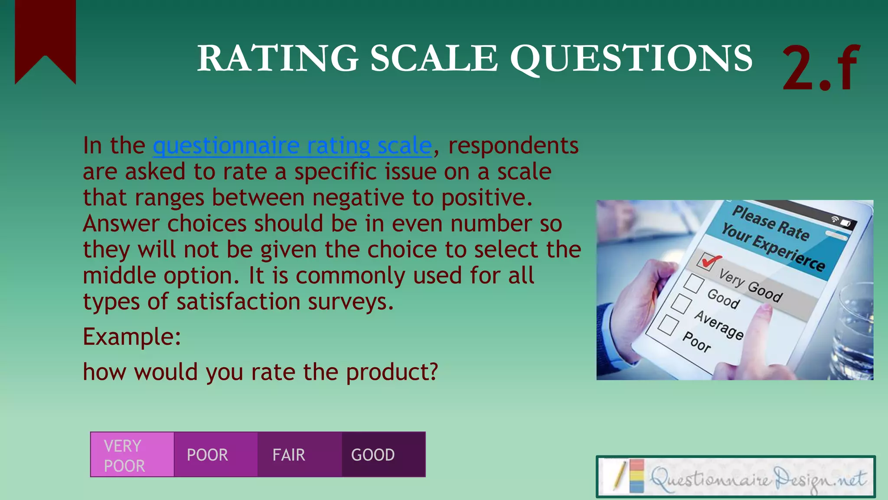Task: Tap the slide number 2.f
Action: click(x=820, y=69)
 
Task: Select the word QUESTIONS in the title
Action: click(x=631, y=59)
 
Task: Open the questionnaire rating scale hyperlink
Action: click(x=292, y=146)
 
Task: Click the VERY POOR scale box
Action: click(x=132, y=455)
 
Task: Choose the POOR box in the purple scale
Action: click(x=216, y=455)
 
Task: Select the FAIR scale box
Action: click(x=300, y=455)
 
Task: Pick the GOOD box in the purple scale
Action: click(x=383, y=455)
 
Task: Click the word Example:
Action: click(x=132, y=337)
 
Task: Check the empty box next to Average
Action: click(x=681, y=303)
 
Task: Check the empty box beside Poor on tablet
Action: click(x=668, y=325)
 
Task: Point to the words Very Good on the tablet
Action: click(x=751, y=285)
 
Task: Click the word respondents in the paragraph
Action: click(x=513, y=146)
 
